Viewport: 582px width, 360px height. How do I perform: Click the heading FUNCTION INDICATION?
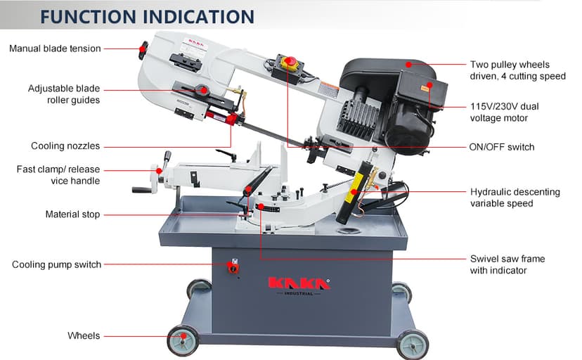click(146, 16)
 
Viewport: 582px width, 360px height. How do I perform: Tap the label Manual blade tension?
click(55, 49)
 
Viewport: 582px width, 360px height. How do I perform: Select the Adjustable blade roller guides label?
click(64, 94)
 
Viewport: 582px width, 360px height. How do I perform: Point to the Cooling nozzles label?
click(65, 146)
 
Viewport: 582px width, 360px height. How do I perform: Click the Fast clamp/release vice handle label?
click(58, 175)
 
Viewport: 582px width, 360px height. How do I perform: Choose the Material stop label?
click(72, 214)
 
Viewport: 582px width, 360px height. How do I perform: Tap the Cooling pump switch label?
click(57, 264)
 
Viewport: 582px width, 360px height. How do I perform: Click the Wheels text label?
click(84, 335)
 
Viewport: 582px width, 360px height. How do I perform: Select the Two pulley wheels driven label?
click(517, 70)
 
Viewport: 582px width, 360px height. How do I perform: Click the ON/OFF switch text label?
click(501, 147)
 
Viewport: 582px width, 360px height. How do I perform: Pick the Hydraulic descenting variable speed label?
click(515, 198)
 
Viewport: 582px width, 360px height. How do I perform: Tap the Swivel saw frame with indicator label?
click(507, 264)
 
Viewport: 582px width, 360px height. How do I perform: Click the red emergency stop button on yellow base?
click(289, 63)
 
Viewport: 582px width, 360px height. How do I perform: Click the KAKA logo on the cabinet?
click(299, 283)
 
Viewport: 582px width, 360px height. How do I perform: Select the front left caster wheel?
click(183, 341)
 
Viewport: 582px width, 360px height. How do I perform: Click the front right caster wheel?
click(412, 344)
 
